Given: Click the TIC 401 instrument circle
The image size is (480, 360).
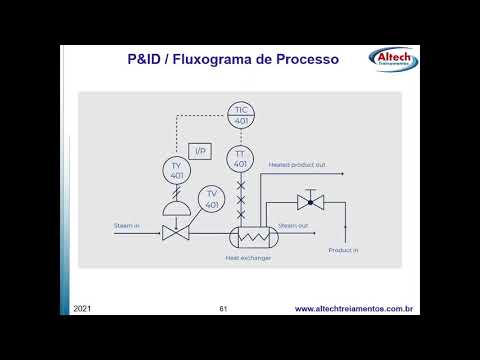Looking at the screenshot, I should click(x=240, y=114).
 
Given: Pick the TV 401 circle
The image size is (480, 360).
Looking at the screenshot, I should click(x=212, y=199).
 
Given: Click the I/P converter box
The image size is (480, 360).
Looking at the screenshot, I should click(x=200, y=151).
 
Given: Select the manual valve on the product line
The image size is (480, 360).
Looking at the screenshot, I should click(x=309, y=203).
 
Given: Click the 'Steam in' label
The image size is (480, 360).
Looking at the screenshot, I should click(x=127, y=226).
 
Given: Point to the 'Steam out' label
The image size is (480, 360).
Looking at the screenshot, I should click(x=293, y=227).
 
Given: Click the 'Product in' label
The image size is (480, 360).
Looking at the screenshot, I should click(x=343, y=249).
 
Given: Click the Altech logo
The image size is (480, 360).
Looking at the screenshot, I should click(x=393, y=58).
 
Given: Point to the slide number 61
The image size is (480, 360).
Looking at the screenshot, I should click(x=224, y=309).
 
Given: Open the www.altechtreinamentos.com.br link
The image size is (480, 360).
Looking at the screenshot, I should click(x=354, y=309).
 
